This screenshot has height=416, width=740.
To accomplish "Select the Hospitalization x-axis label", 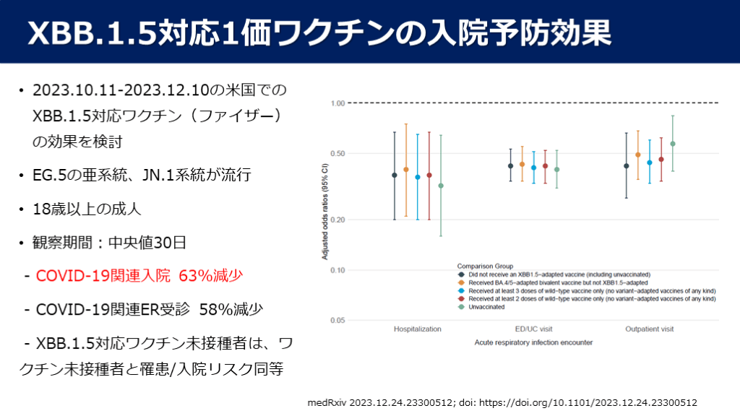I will coord(418,329).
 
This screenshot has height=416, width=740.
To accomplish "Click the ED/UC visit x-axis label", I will coord(533,329).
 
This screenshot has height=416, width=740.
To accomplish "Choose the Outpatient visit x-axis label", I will coord(650,329).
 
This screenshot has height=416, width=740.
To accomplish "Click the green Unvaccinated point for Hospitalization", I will coord(441,186).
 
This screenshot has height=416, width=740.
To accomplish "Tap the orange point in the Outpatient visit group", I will coord(638,155).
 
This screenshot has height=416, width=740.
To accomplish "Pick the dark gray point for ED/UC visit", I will coord(510,166).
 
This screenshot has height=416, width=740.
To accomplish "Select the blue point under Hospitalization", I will coord(418,177).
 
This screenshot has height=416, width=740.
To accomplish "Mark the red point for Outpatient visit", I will coord(661,160).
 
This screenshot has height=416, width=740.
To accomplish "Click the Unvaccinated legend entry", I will coord(486,307).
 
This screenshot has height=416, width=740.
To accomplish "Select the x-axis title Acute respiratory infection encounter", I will coord(533,342).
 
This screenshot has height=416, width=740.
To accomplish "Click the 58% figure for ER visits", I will coord(215,309).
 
